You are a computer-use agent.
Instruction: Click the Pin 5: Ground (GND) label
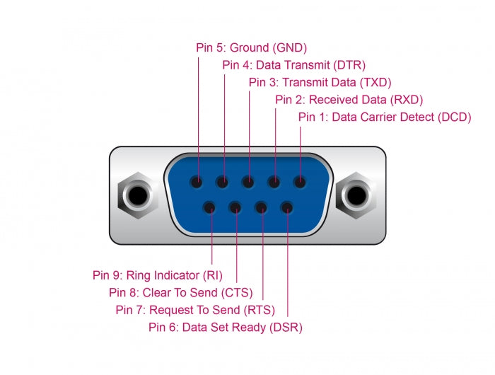(x=251, y=48)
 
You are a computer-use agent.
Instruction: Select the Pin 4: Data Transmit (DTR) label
(x=293, y=65)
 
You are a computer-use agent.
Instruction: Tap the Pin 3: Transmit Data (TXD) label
(x=320, y=82)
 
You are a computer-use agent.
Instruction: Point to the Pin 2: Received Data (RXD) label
(x=349, y=100)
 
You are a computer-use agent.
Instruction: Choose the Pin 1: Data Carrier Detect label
(x=384, y=117)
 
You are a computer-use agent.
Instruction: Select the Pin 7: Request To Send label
(x=195, y=309)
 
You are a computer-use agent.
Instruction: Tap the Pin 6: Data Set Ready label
(x=226, y=327)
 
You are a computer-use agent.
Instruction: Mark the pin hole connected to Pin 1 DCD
(x=300, y=182)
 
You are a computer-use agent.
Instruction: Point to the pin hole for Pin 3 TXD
(x=249, y=182)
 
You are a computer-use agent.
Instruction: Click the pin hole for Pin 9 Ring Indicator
(x=210, y=208)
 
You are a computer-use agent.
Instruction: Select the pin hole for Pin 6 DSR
(x=286, y=208)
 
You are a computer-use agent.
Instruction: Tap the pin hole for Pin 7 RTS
(x=261, y=208)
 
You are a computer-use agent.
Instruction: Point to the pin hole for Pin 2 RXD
(x=274, y=182)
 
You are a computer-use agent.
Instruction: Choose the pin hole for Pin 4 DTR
(x=223, y=182)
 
